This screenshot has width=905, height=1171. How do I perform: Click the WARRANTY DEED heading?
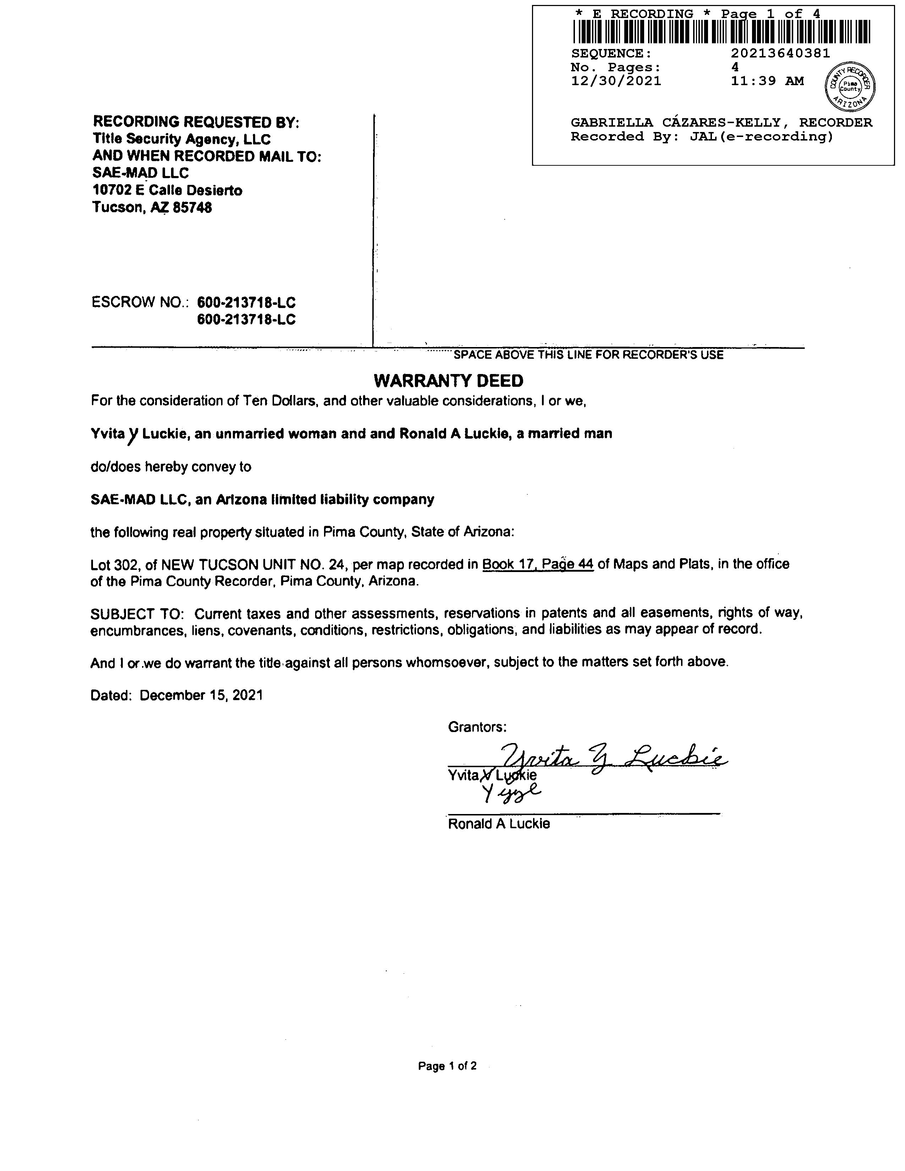click(448, 381)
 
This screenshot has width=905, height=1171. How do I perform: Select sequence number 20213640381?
click(780, 53)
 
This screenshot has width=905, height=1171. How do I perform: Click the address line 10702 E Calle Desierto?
click(167, 190)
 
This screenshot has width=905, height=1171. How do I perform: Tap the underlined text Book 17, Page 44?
click(538, 564)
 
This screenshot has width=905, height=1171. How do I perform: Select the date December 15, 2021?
click(201, 696)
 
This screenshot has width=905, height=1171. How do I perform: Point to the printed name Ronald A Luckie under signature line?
click(499, 824)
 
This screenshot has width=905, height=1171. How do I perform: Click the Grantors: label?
click(477, 727)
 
